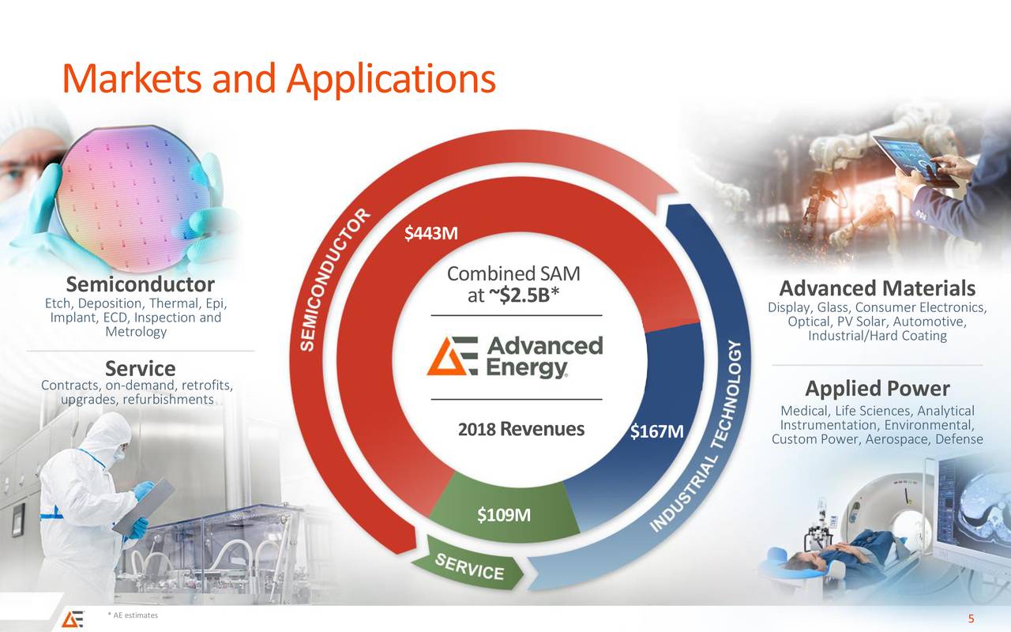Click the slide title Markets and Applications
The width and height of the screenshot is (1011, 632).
click(278, 78)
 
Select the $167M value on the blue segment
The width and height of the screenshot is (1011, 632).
click(656, 432)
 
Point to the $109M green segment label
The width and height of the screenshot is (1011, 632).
click(503, 516)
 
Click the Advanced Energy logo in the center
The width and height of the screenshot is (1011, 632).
click(515, 357)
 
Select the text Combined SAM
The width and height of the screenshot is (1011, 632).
click(513, 274)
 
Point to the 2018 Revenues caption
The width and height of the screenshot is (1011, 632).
click(521, 429)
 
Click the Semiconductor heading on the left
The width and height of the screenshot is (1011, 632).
click(140, 284)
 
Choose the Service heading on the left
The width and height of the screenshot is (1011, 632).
click(140, 368)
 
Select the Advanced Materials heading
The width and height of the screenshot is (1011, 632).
click(877, 289)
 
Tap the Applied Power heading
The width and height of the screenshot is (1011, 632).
click(877, 389)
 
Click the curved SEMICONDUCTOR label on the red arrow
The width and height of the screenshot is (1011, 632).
click(335, 281)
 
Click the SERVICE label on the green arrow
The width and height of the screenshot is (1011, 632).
click(470, 566)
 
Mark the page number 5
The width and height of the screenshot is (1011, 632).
click(971, 619)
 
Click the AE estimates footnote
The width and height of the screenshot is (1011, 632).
click(133, 615)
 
